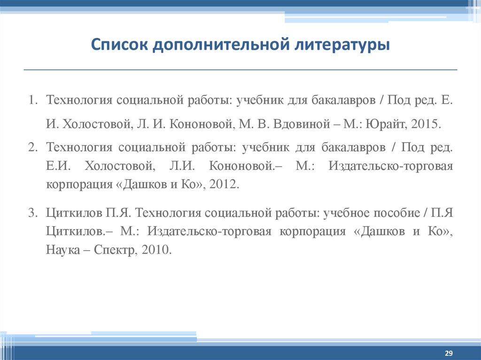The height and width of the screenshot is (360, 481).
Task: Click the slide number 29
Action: coord(448,352)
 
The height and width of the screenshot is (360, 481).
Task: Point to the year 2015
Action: coord(426,124)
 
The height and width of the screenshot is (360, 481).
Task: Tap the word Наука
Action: coord(62,250)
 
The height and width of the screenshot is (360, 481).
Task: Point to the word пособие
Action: coord(397,212)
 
